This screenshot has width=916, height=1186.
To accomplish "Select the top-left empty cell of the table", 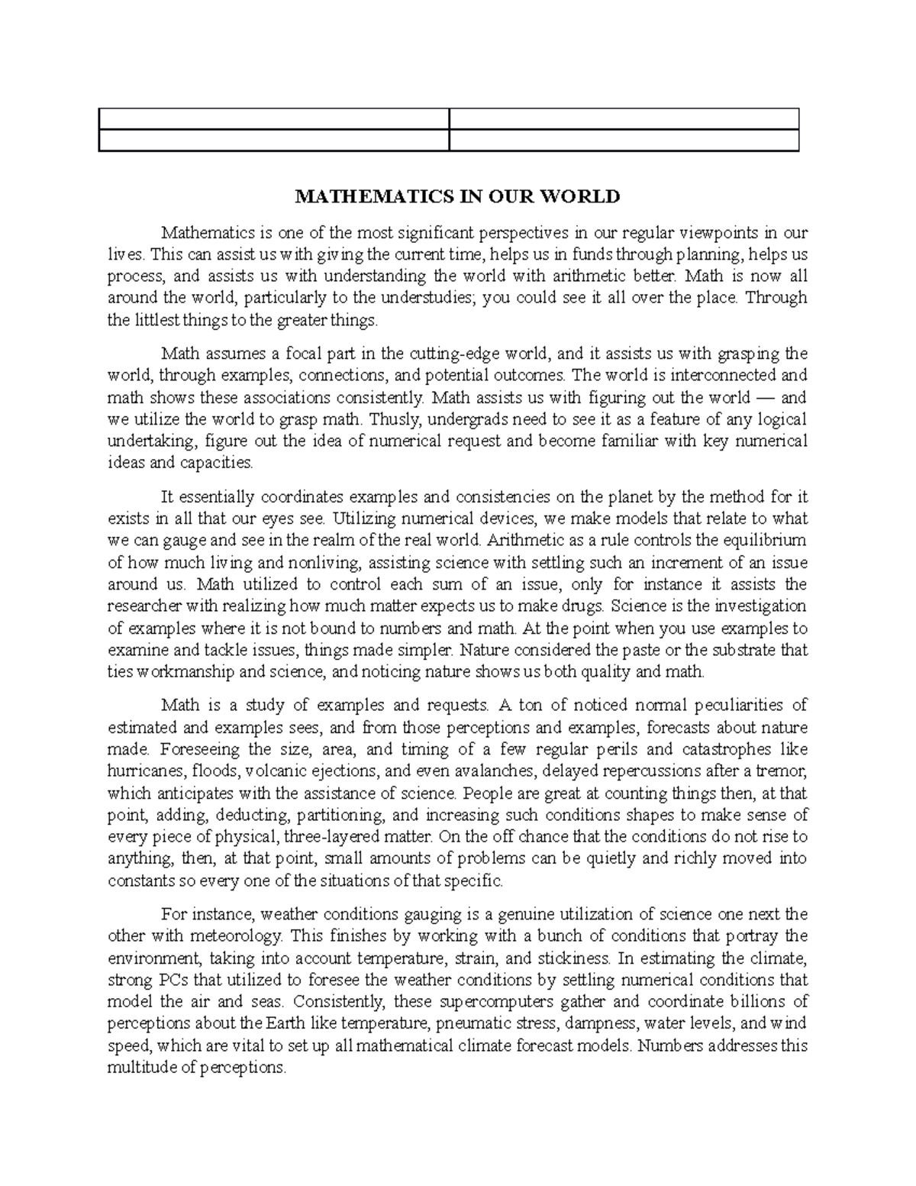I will [x=273, y=119].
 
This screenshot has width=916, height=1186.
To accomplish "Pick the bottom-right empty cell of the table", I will [x=623, y=141].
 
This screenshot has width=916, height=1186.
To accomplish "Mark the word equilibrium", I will [x=764, y=541].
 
